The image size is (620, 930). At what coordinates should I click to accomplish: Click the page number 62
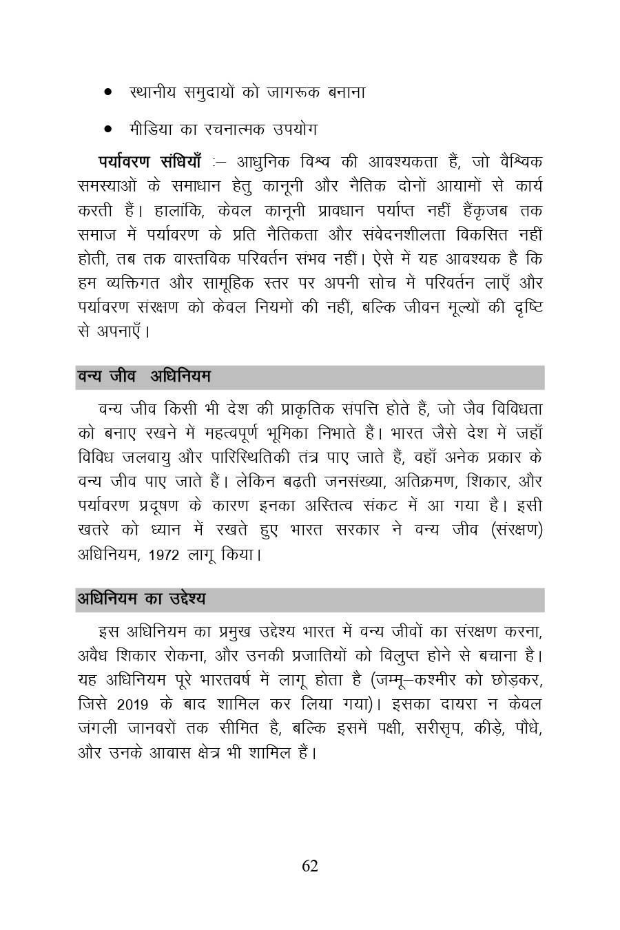pyautogui.click(x=310, y=866)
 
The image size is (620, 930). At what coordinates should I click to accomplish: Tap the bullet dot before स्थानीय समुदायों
pyautogui.click(x=108, y=92)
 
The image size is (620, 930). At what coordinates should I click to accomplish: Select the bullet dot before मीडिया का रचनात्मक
pyautogui.click(x=108, y=129)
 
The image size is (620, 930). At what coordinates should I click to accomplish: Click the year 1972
pyautogui.click(x=163, y=555)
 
